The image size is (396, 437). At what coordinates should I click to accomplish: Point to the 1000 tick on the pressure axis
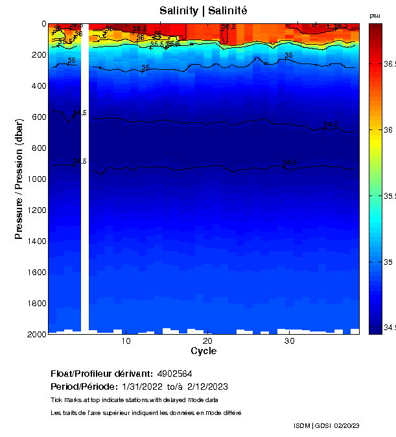(39, 179)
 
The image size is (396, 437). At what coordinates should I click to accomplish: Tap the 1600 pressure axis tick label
(37, 273)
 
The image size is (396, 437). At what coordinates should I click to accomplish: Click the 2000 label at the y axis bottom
(37, 334)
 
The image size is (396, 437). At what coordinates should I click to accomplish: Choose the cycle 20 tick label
(207, 341)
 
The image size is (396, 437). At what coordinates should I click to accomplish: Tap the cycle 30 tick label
(289, 341)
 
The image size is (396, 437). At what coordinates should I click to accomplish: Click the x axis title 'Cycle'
(204, 351)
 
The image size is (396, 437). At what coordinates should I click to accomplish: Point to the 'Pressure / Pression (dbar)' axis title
(19, 179)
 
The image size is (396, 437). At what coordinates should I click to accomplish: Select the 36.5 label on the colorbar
(389, 64)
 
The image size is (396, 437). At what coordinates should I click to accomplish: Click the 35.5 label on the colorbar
(389, 196)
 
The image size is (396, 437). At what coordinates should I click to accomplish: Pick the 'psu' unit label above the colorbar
(375, 16)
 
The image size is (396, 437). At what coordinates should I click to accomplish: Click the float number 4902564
(174, 374)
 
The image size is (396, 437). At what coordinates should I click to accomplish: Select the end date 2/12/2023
(207, 387)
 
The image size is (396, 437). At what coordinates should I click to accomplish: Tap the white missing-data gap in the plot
(84, 194)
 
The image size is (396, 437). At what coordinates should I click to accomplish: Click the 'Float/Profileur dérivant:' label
(102, 374)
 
